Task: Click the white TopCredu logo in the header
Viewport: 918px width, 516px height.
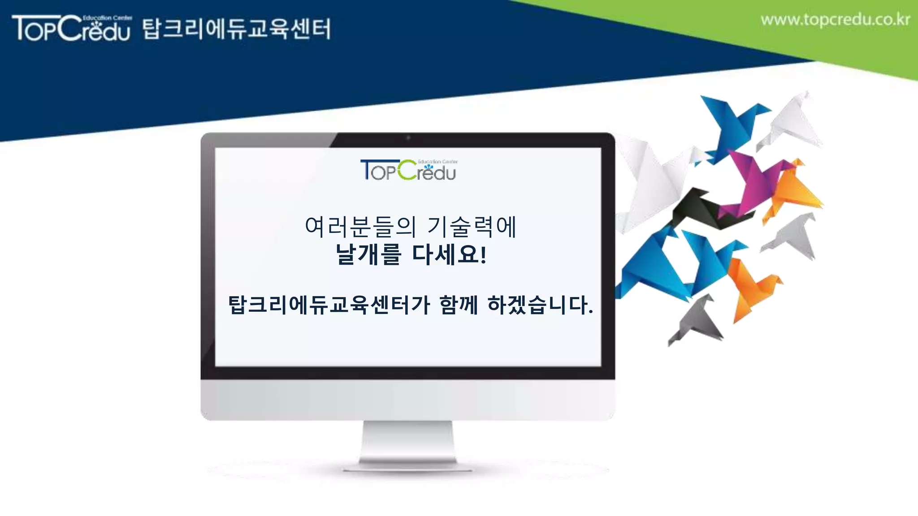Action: (x=72, y=28)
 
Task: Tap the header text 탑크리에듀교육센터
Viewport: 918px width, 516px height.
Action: (x=237, y=29)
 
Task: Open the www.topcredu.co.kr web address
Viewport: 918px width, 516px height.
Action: (x=835, y=20)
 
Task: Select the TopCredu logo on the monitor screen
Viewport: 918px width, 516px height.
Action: (x=408, y=170)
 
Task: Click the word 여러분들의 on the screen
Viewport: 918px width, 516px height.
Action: (x=360, y=227)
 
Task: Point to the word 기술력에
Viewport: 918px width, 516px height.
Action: (x=472, y=227)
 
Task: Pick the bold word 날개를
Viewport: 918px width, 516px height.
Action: (x=368, y=254)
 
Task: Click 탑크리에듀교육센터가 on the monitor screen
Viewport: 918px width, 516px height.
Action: (x=329, y=305)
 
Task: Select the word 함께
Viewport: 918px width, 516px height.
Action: (x=459, y=305)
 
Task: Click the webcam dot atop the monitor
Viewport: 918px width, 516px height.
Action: (x=408, y=138)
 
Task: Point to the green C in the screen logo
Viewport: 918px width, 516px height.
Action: (x=407, y=170)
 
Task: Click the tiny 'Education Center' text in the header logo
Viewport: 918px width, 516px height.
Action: (x=108, y=18)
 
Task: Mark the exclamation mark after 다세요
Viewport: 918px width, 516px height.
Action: (x=483, y=254)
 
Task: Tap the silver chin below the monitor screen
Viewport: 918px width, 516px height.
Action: (x=407, y=400)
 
